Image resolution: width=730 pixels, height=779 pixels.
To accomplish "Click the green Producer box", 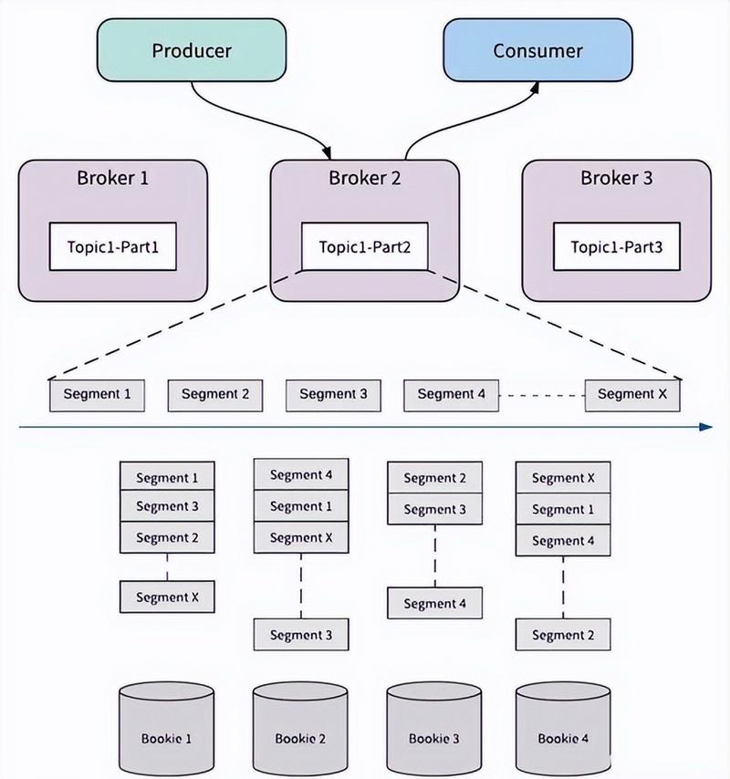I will tap(191, 50).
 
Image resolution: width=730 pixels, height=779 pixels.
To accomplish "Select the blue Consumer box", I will tap(537, 50).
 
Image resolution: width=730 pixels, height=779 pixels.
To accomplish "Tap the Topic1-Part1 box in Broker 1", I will tap(112, 246).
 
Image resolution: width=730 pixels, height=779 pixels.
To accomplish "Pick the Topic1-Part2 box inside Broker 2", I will tap(364, 246).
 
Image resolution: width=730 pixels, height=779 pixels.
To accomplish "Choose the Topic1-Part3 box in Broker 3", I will tap(616, 246).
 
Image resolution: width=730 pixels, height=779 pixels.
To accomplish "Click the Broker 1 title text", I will tap(112, 179).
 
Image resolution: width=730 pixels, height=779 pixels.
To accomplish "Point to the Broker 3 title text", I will tap(616, 179).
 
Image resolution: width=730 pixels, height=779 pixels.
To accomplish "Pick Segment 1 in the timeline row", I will tap(97, 394).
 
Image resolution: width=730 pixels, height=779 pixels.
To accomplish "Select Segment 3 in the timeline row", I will tap(333, 394).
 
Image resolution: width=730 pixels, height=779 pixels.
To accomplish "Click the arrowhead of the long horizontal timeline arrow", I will tap(704, 426).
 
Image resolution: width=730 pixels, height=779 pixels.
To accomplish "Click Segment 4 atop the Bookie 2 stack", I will tap(299, 475).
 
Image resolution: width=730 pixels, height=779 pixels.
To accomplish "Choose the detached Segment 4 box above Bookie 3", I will tap(434, 604).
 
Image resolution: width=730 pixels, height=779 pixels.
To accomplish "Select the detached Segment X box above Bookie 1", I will tap(166, 597).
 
